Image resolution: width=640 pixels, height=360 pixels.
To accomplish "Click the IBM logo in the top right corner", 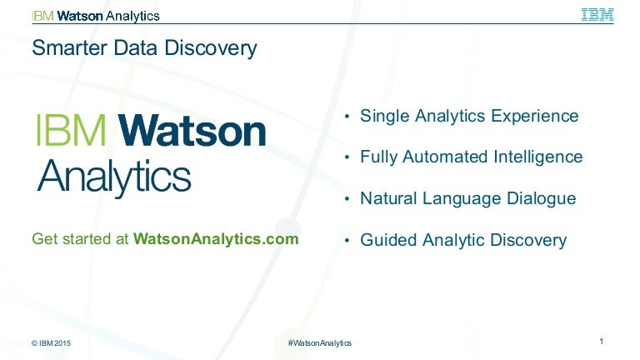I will point(597,15).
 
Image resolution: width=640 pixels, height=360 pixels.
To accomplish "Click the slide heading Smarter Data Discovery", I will point(144,48).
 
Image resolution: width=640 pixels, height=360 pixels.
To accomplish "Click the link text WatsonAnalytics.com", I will point(216,239).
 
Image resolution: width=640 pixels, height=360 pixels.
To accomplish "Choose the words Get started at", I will point(80,239).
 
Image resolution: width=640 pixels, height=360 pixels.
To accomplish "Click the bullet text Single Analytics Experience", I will point(469,116).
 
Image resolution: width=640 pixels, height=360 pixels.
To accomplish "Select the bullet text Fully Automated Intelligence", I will point(471,157).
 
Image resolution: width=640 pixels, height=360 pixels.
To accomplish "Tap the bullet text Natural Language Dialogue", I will point(467,198).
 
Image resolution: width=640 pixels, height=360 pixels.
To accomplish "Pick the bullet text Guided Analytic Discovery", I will point(462,240).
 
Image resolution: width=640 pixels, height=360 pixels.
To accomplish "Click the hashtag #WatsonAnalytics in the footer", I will point(319,343).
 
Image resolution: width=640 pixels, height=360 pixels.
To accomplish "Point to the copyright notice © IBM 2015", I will point(57,343).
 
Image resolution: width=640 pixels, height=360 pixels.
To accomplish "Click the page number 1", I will point(601,341).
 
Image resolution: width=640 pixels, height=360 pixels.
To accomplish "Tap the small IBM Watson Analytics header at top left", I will point(96,16).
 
